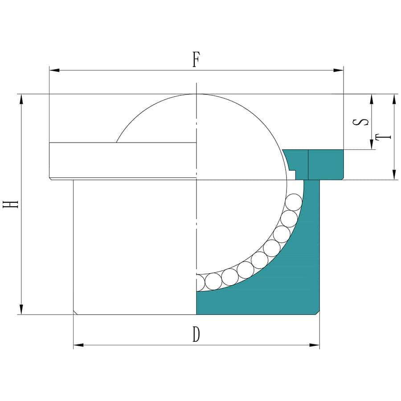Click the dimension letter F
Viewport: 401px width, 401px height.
196,59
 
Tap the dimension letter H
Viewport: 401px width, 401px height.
10,204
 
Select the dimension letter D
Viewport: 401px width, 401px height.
196,335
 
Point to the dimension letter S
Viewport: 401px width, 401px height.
360,122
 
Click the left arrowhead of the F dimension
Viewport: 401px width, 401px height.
54,70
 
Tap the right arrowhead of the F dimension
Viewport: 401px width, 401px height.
338,70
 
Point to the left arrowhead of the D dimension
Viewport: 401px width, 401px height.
78,345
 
